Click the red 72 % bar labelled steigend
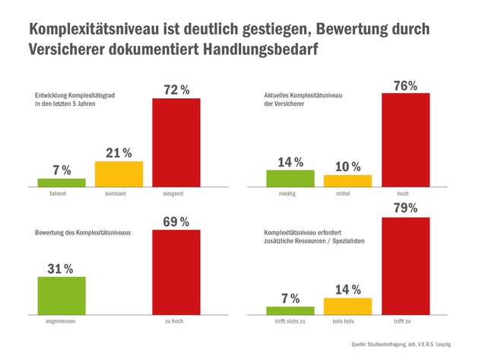click(176, 142)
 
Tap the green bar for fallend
click(62, 182)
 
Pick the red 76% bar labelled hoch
click(405, 140)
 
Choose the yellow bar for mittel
click(347, 180)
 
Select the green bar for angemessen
click(62, 295)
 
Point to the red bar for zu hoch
click(176, 272)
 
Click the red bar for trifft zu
click(405, 266)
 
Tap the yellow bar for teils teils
click(347, 305)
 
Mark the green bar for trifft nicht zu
click(290, 310)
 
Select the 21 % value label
click(119, 152)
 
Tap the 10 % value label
click(347, 166)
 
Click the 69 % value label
click(176, 221)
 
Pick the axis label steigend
click(176, 194)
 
